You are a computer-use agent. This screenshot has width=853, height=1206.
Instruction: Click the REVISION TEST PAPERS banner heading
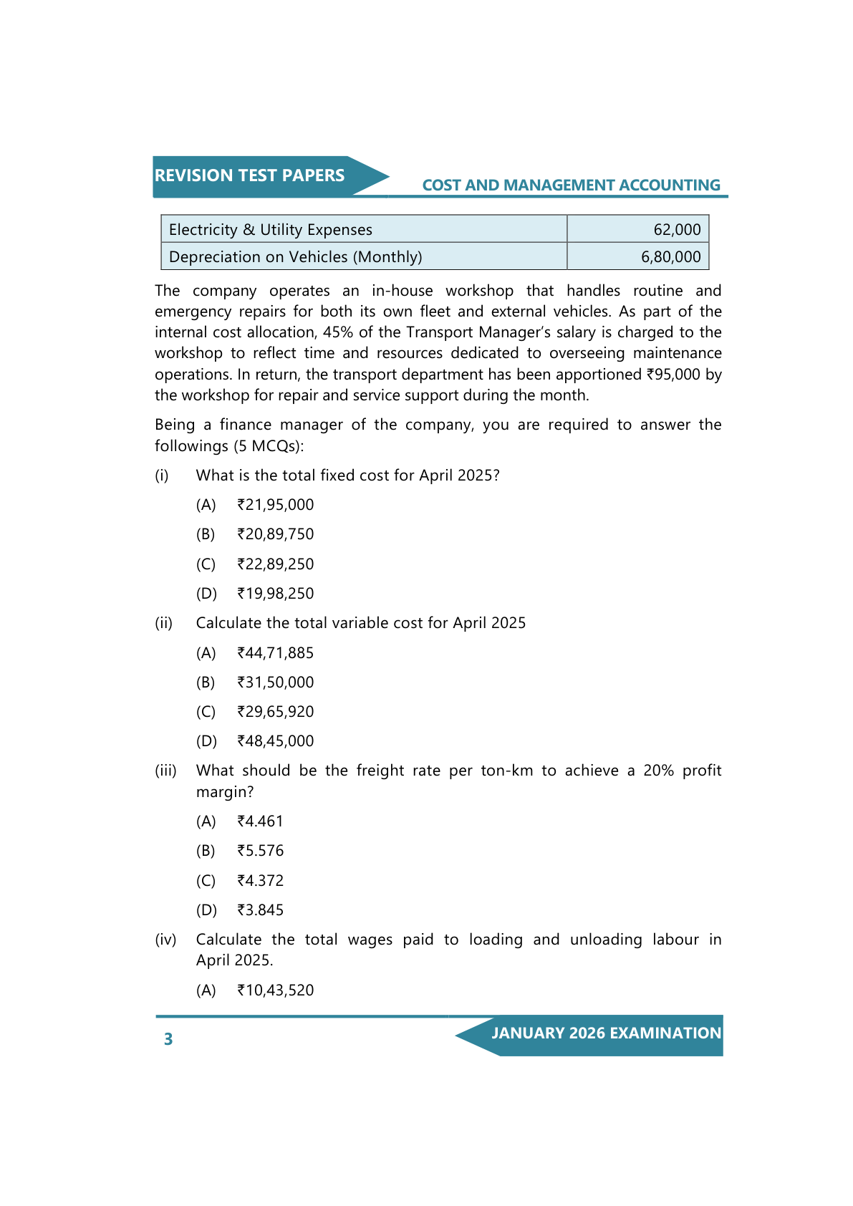249,176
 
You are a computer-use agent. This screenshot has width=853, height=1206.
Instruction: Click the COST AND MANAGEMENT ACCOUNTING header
571,185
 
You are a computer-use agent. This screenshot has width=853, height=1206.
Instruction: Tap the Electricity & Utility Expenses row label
271,230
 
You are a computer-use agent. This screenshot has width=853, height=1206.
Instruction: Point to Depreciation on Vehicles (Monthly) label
295,257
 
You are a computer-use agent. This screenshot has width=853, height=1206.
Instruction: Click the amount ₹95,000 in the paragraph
673,375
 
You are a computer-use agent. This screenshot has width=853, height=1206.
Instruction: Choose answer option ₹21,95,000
276,505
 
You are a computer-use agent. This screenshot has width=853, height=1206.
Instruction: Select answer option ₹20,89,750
276,534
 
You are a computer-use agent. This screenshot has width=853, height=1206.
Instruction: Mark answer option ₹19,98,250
276,594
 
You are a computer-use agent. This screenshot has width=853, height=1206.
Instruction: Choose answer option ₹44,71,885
276,653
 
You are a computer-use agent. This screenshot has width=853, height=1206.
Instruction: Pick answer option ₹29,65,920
276,712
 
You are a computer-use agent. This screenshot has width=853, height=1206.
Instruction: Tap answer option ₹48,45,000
276,741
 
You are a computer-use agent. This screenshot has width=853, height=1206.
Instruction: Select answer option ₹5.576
261,851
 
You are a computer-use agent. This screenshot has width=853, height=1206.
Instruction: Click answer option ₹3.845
261,910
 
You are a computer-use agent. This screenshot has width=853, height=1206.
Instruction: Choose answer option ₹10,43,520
276,990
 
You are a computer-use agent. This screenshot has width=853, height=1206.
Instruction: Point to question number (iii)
165,771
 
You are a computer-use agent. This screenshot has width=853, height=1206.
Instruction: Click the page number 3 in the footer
168,1039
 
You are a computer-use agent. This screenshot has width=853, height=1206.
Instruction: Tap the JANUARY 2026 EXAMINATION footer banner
606,1033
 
